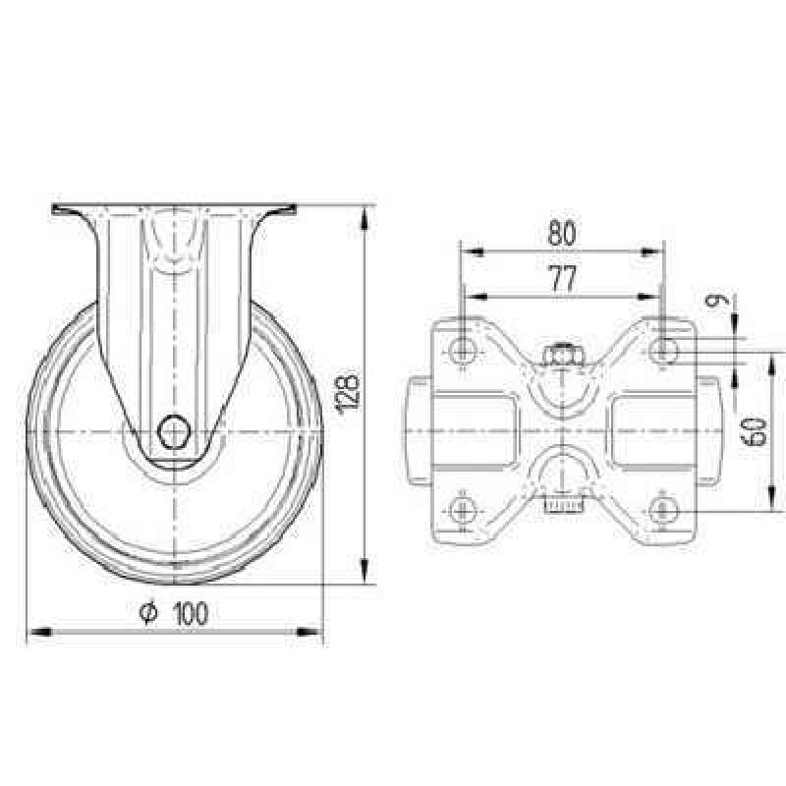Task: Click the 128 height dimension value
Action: click(x=349, y=395)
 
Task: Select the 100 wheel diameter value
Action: click(x=191, y=613)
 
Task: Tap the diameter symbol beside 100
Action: click(x=149, y=613)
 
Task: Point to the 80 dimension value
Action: click(x=561, y=233)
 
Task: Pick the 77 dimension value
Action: click(x=563, y=279)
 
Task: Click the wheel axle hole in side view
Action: click(x=174, y=431)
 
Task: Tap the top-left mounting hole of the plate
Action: click(x=462, y=351)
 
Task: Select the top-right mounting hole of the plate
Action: click(x=663, y=350)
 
